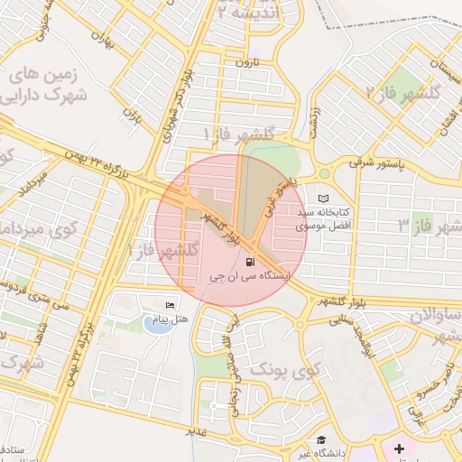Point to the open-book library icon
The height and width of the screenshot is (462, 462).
click(324, 198)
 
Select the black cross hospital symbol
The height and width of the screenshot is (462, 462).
click(400, 448)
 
